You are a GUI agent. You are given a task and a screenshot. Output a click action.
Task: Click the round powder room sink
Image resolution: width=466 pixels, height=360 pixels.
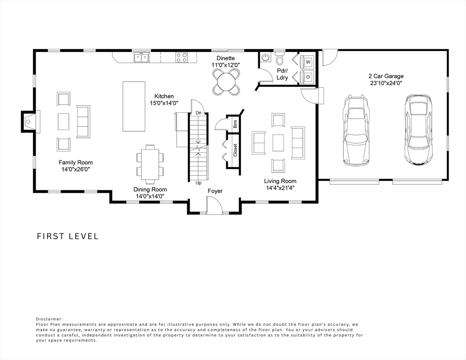click(265, 57)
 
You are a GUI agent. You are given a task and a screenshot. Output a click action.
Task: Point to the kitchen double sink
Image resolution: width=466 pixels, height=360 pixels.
click(141, 57)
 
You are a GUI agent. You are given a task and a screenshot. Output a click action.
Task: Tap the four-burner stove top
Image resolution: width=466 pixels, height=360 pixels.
click(181, 57)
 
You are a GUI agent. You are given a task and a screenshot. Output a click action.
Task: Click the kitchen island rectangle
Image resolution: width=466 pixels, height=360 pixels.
click(134, 106)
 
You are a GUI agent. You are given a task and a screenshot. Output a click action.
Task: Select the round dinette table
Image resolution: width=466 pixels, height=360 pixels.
click(226, 82)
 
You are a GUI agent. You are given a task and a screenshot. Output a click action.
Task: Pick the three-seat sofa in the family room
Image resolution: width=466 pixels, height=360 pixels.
click(83, 121)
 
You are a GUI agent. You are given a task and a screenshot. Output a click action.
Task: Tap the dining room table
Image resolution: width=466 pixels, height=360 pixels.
click(150, 164)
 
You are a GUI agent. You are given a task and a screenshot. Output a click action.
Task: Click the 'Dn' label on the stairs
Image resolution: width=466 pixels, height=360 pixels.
click(198, 113)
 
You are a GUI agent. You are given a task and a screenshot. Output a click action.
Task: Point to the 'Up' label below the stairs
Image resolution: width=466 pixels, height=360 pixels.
click(198, 183)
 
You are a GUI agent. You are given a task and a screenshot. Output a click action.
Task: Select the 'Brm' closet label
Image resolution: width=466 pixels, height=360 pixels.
click(235, 124)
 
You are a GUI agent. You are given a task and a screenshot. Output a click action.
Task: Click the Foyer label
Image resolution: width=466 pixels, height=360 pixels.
click(215, 191)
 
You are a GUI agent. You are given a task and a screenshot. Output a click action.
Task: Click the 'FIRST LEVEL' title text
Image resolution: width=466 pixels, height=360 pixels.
click(68, 236)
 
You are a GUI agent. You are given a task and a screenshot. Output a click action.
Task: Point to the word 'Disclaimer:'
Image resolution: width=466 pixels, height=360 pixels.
click(50, 319)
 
